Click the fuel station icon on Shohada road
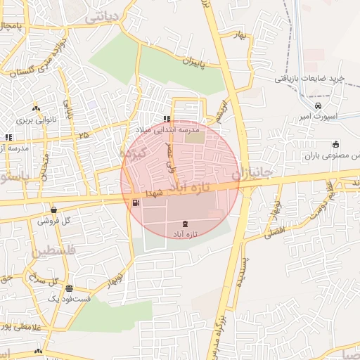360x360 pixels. click(135, 203)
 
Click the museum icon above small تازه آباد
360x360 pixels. click(185, 223)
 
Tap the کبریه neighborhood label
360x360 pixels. click(132, 153)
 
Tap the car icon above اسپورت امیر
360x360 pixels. click(319, 105)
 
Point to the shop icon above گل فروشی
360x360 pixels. click(54, 210)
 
